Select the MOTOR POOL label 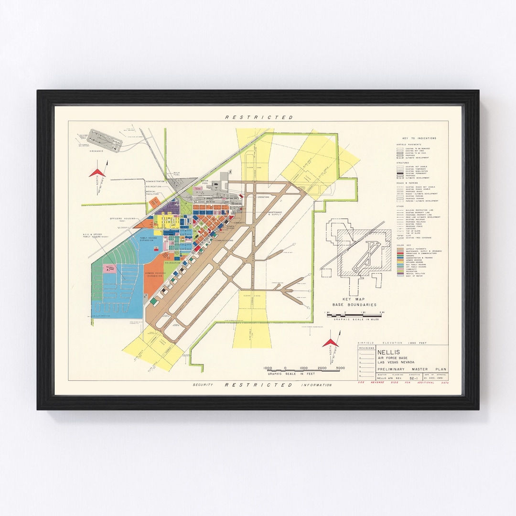pyautogui.click(x=205, y=182)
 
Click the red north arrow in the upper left pyautogui.click(x=97, y=172)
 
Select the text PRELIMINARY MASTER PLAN pyautogui.click(x=403, y=368)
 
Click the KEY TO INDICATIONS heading pyautogui.click(x=416, y=139)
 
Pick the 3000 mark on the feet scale pyautogui.click(x=340, y=368)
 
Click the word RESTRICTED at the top pyautogui.click(x=259, y=117)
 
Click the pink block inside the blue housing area pyautogui.click(x=110, y=268)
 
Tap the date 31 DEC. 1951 pyautogui.click(x=435, y=378)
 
